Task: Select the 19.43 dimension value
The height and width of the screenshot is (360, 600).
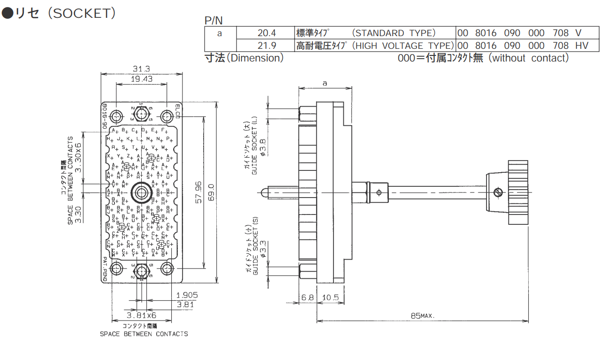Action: point(141,79)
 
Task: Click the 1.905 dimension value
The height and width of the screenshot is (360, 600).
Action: point(187,295)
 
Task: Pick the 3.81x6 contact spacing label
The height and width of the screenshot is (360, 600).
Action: point(141,315)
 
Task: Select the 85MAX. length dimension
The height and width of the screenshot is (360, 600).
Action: point(422,316)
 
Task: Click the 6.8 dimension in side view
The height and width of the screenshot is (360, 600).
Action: point(308,298)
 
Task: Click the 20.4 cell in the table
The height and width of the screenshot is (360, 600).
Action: point(266,33)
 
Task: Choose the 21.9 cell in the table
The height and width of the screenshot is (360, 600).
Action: point(266,46)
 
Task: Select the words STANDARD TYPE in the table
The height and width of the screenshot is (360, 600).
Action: point(394,33)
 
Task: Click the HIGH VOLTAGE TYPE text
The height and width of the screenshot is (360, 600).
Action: point(402,46)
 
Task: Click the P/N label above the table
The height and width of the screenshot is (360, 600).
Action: point(214,20)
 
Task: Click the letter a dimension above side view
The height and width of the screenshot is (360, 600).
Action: point(325,83)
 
